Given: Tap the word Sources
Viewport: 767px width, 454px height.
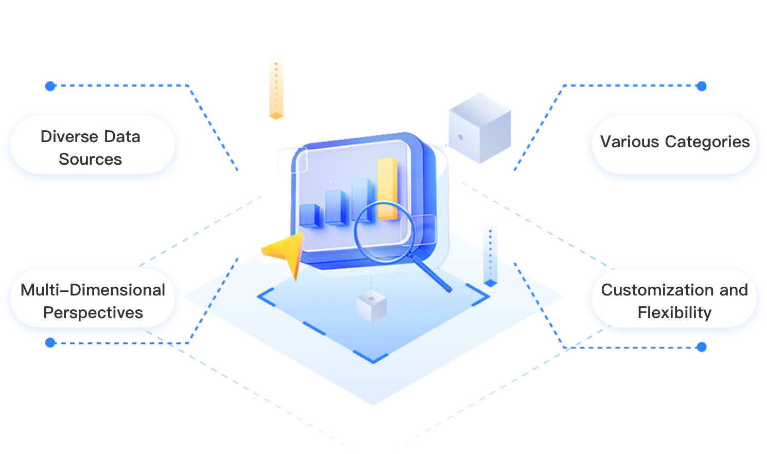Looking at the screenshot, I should tap(90, 160).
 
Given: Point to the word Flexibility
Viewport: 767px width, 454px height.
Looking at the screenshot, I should tap(674, 313).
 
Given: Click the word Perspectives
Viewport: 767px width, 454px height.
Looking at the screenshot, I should tap(93, 313).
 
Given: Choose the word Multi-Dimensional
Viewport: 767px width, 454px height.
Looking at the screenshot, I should tap(93, 290).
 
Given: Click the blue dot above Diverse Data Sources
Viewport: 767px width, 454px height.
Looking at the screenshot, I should tap(50, 86).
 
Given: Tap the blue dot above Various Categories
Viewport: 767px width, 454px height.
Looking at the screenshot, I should tap(701, 86).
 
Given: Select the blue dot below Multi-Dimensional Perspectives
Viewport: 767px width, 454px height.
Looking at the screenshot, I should tap(50, 342).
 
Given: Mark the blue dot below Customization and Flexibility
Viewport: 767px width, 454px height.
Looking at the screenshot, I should tap(701, 347).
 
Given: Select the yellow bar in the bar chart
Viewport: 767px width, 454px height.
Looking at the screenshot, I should tap(387, 188).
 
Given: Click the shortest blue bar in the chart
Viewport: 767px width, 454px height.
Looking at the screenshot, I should tap(310, 215).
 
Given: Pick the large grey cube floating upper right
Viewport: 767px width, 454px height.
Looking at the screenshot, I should tap(479, 129).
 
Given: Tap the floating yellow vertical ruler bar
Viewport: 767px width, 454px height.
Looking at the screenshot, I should tap(276, 87).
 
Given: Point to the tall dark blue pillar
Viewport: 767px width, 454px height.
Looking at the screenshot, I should tap(491, 254).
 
